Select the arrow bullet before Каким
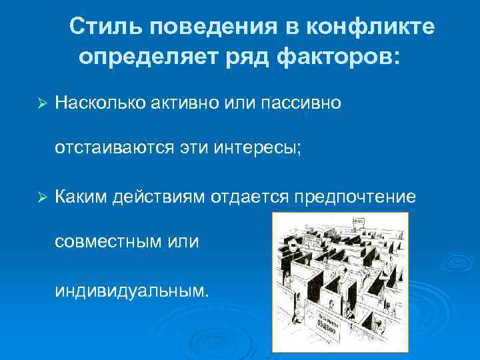pos(41,198)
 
